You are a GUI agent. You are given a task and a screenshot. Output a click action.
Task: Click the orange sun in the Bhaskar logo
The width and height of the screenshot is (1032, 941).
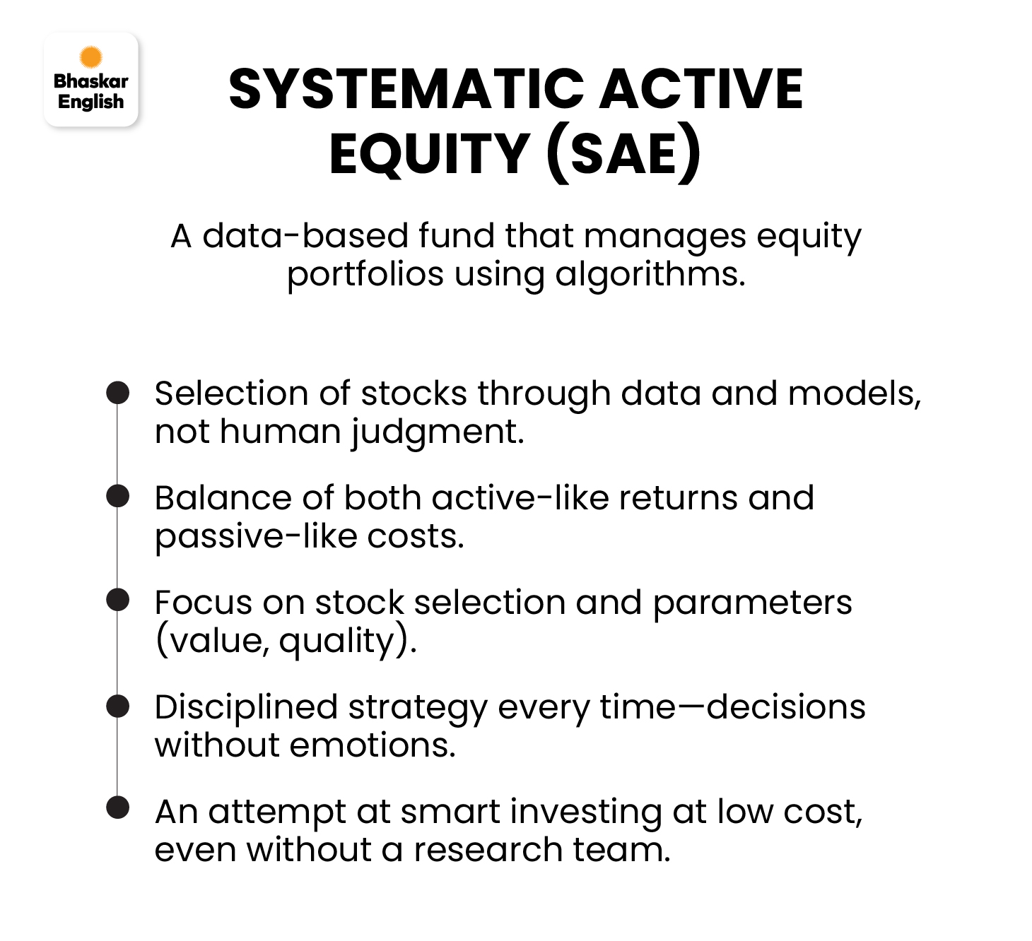click(x=91, y=57)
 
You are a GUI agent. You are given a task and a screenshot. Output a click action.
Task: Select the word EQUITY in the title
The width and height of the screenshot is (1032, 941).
click(x=430, y=154)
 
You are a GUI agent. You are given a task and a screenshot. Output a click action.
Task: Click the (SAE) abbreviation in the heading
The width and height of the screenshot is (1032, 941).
click(x=623, y=154)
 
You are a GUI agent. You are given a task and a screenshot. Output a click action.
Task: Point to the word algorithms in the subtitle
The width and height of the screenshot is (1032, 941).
click(x=650, y=274)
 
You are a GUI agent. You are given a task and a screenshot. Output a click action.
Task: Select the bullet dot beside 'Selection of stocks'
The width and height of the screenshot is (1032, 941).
click(x=118, y=393)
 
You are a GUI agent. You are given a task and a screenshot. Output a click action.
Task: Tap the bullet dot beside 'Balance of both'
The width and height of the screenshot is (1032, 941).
click(x=118, y=496)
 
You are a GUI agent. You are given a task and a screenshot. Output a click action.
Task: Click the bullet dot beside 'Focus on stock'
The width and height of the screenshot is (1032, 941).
click(x=118, y=600)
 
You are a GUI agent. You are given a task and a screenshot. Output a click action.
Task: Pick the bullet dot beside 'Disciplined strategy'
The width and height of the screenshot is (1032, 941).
click(x=118, y=706)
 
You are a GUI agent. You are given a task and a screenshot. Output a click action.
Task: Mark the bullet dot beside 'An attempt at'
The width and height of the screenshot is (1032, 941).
click(x=118, y=807)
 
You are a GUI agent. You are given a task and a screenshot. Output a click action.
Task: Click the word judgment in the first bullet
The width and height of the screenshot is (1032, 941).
click(x=438, y=432)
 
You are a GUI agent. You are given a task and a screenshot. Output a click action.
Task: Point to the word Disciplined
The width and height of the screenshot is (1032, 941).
click(x=247, y=708)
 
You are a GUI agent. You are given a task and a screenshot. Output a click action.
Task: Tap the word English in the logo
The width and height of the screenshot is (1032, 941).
click(x=91, y=102)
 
